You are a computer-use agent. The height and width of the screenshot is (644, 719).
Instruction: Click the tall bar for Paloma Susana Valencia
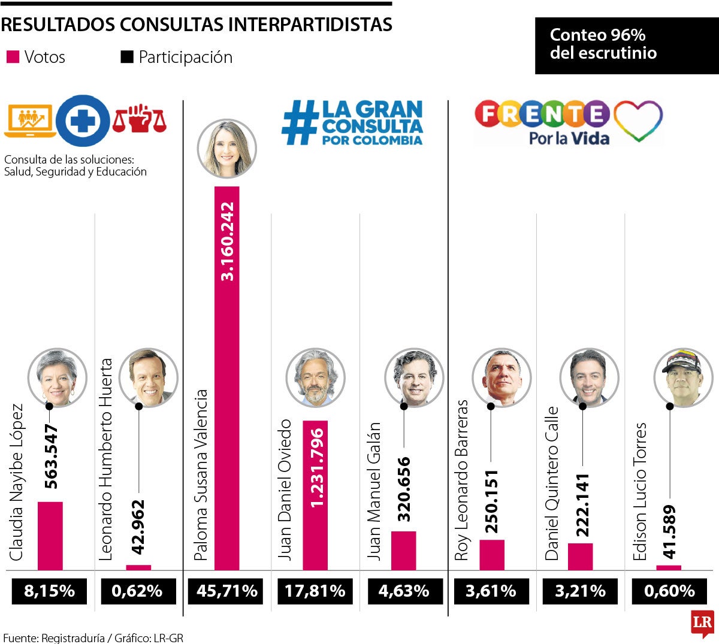point(226,377)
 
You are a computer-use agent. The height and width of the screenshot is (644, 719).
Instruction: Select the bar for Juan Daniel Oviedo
point(315,495)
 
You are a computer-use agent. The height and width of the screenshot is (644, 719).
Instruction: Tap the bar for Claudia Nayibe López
point(50,536)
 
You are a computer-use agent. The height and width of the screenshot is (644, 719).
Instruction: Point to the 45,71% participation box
point(227,591)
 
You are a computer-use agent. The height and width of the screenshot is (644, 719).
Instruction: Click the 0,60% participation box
point(669,591)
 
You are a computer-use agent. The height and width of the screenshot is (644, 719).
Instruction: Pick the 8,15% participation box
point(50,591)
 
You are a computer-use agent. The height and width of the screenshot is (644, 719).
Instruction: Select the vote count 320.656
point(404,489)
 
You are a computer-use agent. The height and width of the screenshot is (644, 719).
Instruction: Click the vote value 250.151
point(492,501)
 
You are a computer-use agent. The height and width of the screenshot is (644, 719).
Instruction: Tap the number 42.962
point(138,527)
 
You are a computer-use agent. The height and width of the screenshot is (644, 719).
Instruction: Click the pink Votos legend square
point(13,58)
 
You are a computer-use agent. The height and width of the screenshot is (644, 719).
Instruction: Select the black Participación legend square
point(127,58)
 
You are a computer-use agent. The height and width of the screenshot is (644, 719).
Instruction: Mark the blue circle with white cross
point(83,122)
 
